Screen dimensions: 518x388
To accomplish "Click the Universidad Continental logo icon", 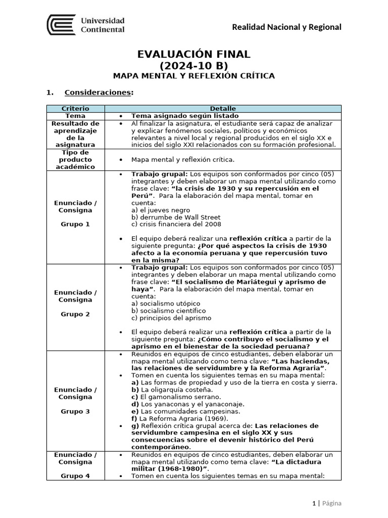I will tap(61, 25).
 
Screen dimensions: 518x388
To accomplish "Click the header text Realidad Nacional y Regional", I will tap(286, 27).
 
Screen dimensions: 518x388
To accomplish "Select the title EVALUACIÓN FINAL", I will tap(194, 55).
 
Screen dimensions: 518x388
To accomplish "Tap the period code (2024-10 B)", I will tap(194, 66).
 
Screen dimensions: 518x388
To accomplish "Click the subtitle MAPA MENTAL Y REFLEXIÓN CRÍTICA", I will tap(194, 76).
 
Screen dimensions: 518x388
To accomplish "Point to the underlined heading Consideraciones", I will tap(99, 93).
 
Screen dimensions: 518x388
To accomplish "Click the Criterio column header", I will tap(75, 108).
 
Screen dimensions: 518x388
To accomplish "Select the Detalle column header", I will tap(223, 108).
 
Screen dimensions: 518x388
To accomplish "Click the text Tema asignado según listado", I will tap(178, 115).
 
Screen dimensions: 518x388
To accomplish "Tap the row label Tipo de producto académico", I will tap(75, 159).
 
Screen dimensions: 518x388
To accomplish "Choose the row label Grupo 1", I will tap(75, 224).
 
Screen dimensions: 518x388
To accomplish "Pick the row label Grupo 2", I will tap(75, 314).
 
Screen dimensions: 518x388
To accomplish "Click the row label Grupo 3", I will tap(75, 411).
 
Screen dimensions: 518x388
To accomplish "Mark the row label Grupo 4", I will tap(75, 476).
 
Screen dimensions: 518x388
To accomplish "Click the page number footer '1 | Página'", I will tap(326, 503).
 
